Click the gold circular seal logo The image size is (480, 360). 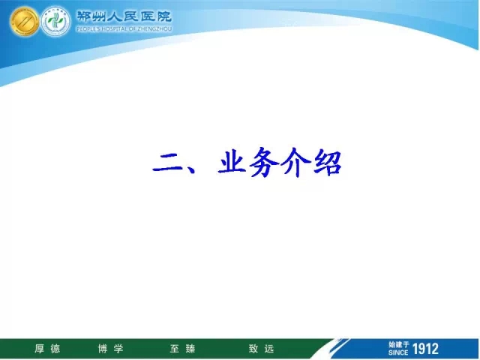pos(24,21)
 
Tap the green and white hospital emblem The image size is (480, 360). pos(55,21)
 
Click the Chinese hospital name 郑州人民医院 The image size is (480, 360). pos(124,16)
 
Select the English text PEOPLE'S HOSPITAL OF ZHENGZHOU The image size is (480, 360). pos(124,29)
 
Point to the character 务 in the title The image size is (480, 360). pos(265,162)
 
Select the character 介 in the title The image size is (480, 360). pos(296,162)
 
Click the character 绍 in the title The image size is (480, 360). pos(327,162)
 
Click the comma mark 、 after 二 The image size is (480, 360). pos(189,168)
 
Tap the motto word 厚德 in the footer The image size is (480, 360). pos(47,349)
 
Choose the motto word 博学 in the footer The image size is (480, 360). pos(110,349)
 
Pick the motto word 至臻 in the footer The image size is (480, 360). pos(182,349)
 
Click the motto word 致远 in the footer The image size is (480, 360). pos(261,349)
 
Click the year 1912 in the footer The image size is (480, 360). pos(425,349)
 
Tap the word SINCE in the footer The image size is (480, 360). pos(398,352)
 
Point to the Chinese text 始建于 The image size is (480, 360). pos(399,345)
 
